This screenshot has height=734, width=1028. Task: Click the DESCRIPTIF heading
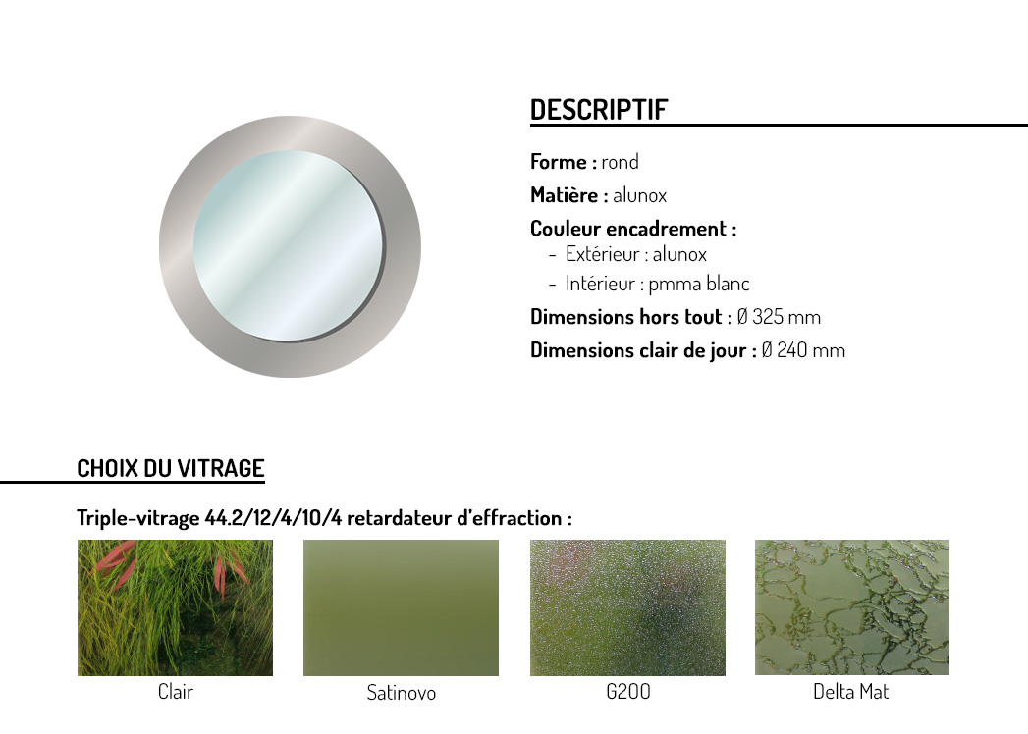click(599, 110)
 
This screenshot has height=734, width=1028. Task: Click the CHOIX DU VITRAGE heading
click(171, 469)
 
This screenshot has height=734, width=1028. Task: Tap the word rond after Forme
click(620, 162)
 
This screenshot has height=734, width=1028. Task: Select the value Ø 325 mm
click(779, 317)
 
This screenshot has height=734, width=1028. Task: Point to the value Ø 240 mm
click(803, 350)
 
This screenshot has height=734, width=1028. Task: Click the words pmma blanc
click(699, 285)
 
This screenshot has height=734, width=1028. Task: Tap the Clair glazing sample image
click(175, 607)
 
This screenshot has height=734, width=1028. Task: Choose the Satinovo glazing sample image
click(401, 607)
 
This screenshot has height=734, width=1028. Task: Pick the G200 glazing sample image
click(627, 607)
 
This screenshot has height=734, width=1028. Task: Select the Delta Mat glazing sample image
click(851, 607)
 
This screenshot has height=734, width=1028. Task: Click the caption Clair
click(175, 692)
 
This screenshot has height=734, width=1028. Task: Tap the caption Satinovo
click(402, 693)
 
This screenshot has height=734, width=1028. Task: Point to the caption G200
click(628, 692)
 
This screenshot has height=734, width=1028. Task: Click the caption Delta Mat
click(851, 692)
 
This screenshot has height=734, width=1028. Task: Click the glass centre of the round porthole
click(289, 245)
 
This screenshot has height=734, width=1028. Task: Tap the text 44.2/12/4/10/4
click(273, 518)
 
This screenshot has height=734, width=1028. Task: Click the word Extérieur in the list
click(603, 254)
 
